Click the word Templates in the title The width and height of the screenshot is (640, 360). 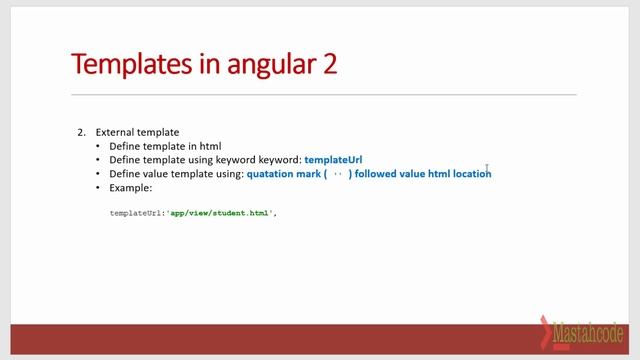pyautogui.click(x=130, y=64)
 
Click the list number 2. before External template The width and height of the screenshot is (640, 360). pyautogui.click(x=82, y=132)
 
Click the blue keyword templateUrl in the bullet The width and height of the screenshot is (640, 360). pyautogui.click(x=333, y=159)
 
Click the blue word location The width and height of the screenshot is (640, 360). pyautogui.click(x=470, y=173)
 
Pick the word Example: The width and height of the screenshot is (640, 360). pyautogui.click(x=130, y=187)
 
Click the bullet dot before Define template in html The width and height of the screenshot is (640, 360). pyautogui.click(x=98, y=146)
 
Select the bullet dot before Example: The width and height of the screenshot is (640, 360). pyautogui.click(x=98, y=187)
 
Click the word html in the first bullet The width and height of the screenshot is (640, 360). pyautogui.click(x=210, y=146)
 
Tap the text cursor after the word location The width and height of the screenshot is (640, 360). pyautogui.click(x=487, y=169)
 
